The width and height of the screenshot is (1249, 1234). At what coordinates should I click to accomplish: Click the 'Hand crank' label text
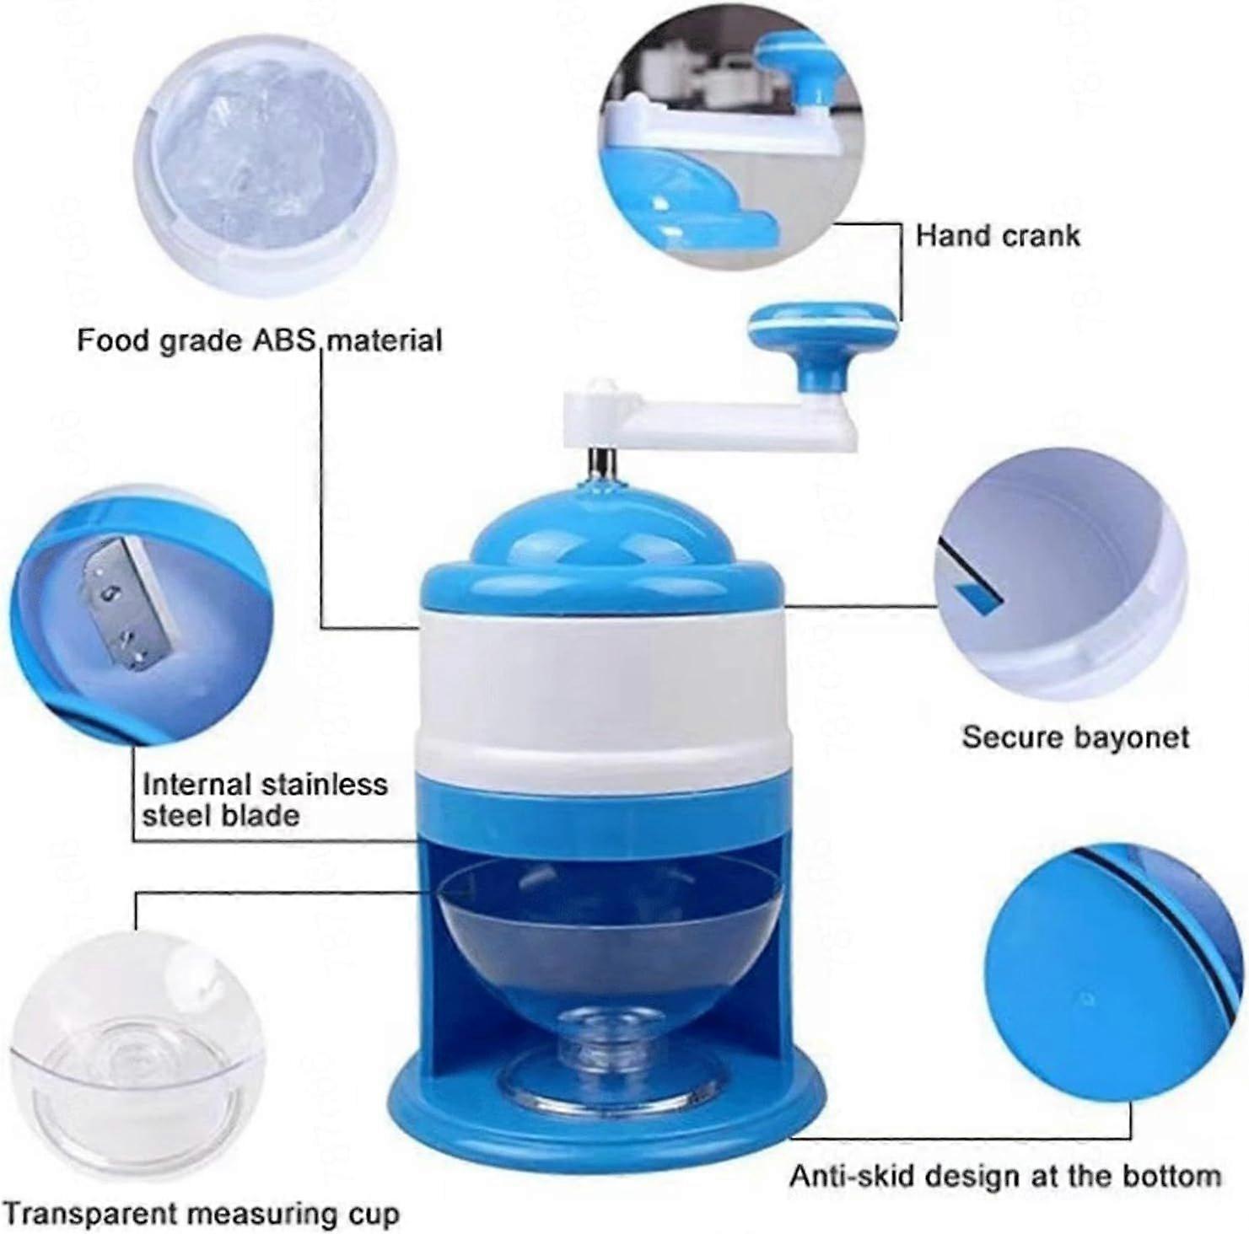pyautogui.click(x=997, y=235)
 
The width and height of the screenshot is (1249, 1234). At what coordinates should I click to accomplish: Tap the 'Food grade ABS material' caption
pyautogui.click(x=260, y=341)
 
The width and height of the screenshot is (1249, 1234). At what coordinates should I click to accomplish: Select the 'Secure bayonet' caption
pyautogui.click(x=1075, y=738)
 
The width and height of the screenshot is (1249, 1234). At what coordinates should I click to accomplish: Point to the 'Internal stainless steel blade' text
pyautogui.click(x=265, y=800)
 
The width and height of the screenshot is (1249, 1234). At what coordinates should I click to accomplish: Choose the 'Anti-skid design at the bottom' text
pyautogui.click(x=1005, y=1176)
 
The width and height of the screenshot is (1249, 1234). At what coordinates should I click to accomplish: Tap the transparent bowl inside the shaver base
pyautogui.click(x=602, y=936)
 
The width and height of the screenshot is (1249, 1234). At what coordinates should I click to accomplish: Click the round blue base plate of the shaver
pyautogui.click(x=602, y=1096)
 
